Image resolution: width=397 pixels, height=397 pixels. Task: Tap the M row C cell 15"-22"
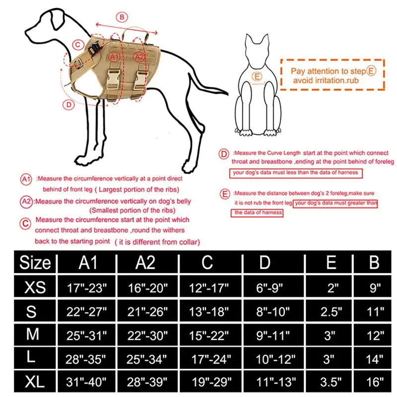pyautogui.click(x=207, y=335)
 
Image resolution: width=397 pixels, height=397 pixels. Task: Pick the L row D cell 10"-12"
pyautogui.click(x=278, y=358)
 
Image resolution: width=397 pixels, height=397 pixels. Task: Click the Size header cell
pyautogui.click(x=35, y=262)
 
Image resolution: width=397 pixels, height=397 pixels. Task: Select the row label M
pyautogui.click(x=33, y=334)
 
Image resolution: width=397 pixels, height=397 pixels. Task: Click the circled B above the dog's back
pyautogui.click(x=123, y=18)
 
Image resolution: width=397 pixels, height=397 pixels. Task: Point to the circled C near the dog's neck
pyautogui.click(x=76, y=44)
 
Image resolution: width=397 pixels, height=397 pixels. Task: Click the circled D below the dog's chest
pyautogui.click(x=68, y=104)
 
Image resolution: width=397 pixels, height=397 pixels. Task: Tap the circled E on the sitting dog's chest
pyautogui.click(x=257, y=76)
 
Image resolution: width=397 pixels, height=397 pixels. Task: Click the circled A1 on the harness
pyautogui.click(x=115, y=58)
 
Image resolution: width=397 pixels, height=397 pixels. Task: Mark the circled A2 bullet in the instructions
pyautogui.click(x=26, y=201)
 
